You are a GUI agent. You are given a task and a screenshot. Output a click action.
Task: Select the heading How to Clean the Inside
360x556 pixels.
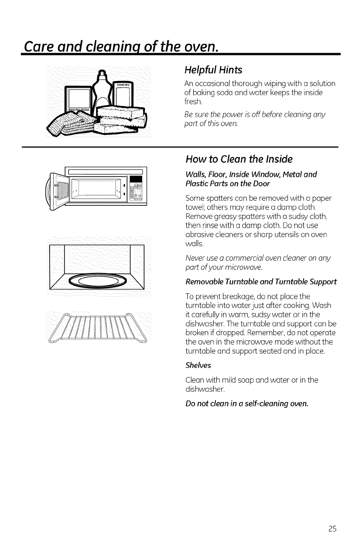(239, 159)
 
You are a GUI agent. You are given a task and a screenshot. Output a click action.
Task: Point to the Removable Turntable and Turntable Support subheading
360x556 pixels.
(261, 282)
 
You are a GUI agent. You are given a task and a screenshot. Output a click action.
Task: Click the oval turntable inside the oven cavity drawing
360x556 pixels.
(99, 283)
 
